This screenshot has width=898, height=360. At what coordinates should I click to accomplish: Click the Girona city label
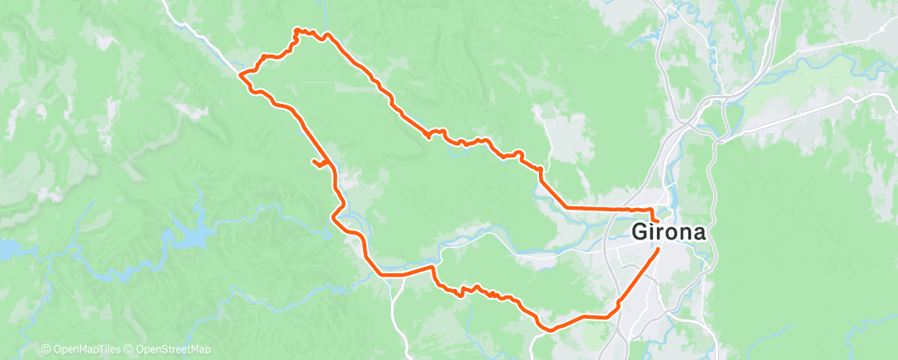click(669, 233)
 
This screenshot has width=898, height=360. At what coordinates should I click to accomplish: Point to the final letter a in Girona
click(698, 233)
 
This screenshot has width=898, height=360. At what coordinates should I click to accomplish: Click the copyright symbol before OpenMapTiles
click(45, 349)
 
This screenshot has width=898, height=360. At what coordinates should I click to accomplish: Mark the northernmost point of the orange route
click(296, 30)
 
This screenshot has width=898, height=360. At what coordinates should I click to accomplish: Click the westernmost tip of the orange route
click(240, 75)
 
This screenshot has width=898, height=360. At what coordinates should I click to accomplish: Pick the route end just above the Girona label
click(653, 219)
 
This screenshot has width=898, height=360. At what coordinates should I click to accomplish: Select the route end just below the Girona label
click(658, 249)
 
